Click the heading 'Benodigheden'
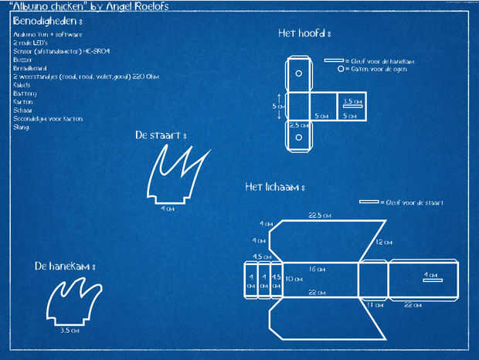(x=47, y=21)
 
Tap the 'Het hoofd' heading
(x=304, y=33)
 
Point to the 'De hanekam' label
(x=64, y=266)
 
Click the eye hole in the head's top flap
(x=299, y=75)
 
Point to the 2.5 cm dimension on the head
(x=298, y=124)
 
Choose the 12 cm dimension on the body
(x=382, y=242)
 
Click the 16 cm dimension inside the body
(x=317, y=269)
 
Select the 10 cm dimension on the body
(x=294, y=279)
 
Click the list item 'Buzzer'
(x=23, y=59)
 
